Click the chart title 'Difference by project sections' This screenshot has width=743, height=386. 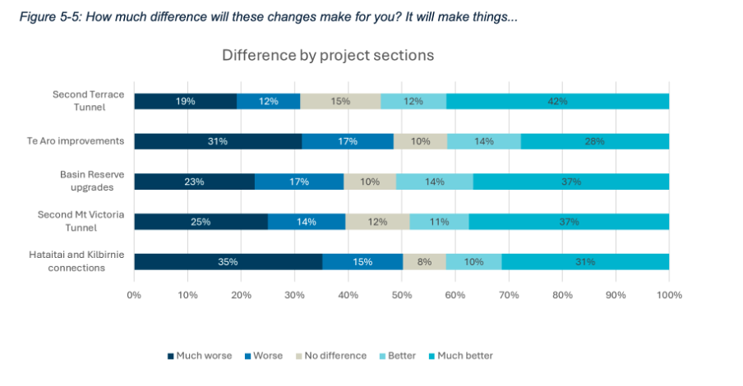(x=327, y=56)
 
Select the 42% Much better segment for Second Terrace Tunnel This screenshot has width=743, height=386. (x=558, y=101)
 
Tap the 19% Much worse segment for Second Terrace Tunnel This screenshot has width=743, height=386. (x=186, y=101)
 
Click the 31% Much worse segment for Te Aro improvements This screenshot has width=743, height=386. (x=218, y=141)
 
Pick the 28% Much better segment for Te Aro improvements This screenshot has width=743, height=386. (x=594, y=141)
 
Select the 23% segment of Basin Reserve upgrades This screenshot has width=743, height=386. (x=195, y=182)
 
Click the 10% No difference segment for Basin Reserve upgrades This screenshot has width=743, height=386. (x=370, y=182)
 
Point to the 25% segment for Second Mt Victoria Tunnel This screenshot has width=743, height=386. (x=201, y=222)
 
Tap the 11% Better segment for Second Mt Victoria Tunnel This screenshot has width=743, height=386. (x=439, y=222)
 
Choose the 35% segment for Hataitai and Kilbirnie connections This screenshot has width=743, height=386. (x=228, y=262)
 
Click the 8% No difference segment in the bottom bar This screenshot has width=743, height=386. (x=424, y=262)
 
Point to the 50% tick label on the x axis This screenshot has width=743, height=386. (x=402, y=294)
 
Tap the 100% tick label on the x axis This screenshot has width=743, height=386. (x=669, y=294)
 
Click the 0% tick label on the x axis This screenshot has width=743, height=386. (x=134, y=294)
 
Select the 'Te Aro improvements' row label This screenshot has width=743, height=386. (x=75, y=140)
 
